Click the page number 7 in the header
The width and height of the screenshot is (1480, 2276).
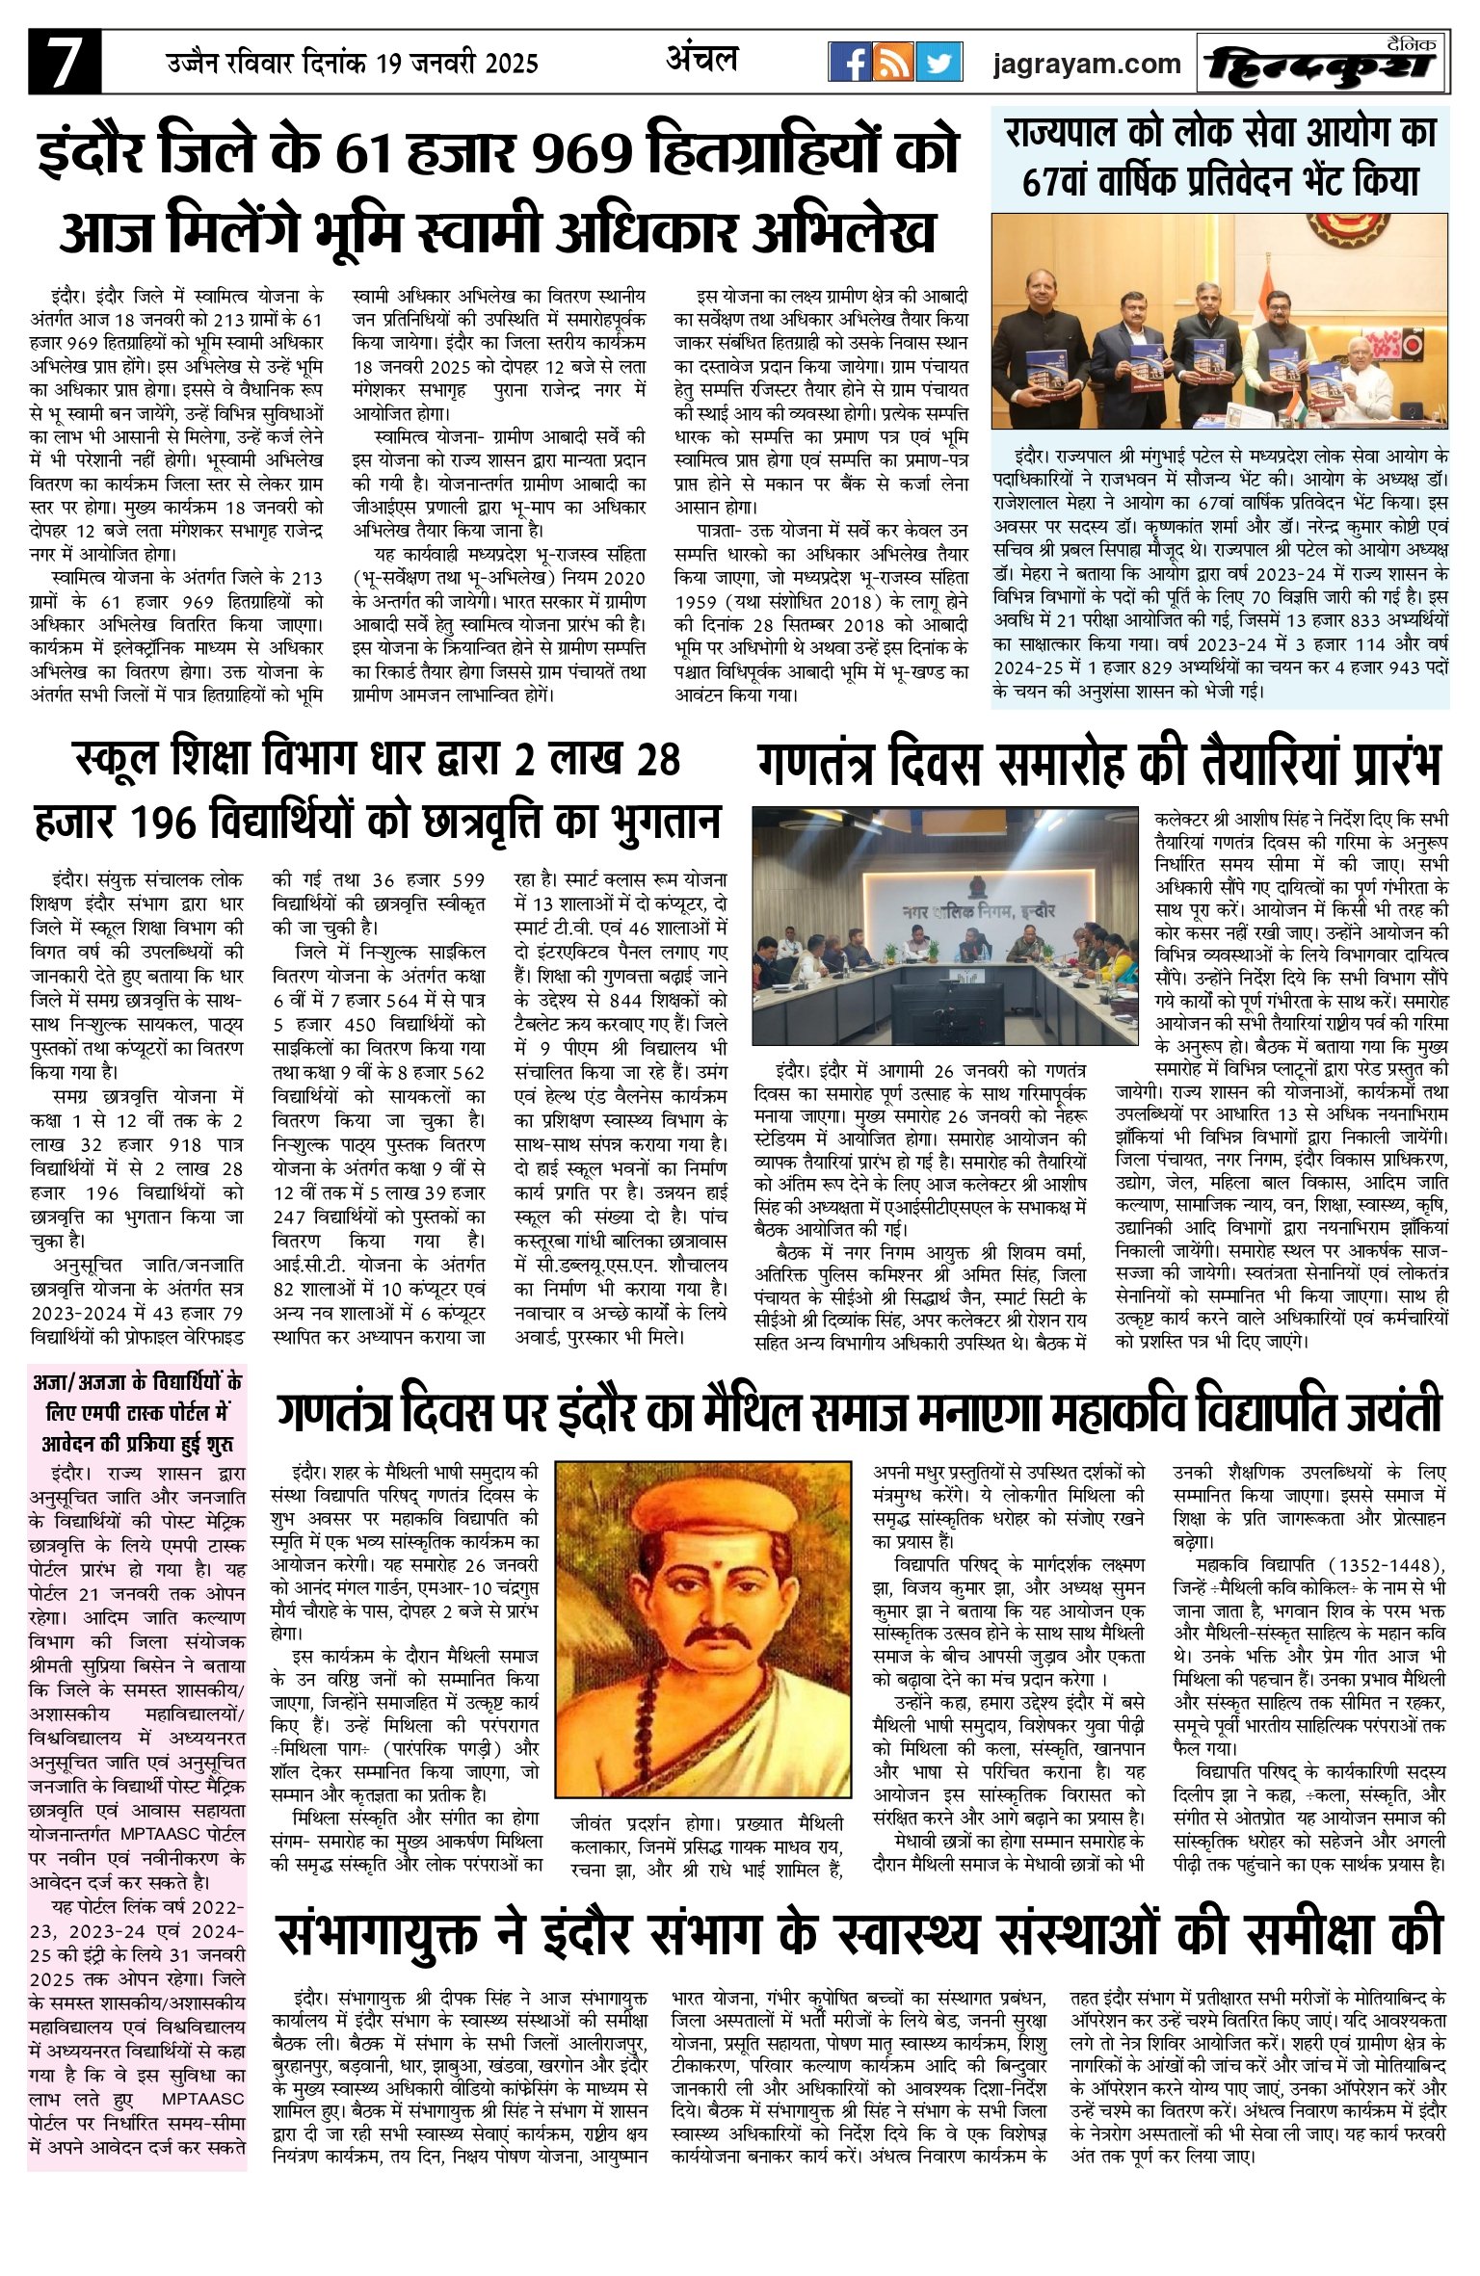[65, 63]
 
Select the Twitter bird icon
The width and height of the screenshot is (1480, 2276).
[938, 63]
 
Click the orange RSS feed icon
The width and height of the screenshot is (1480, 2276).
[893, 63]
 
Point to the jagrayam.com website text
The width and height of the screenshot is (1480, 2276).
[1087, 65]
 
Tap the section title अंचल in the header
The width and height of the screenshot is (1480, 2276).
[701, 60]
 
